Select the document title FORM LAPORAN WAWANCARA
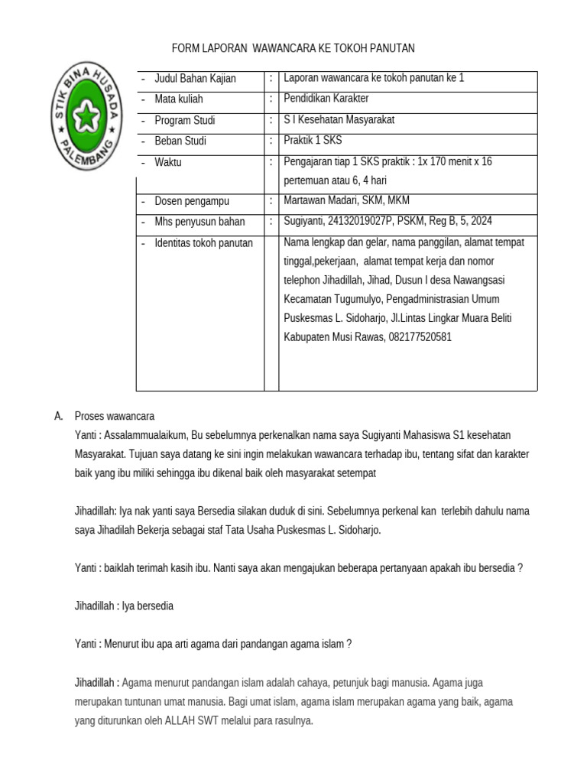[x=293, y=48]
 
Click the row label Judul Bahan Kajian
[x=195, y=79]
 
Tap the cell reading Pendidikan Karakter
[x=326, y=99]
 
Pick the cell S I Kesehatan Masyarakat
[x=339, y=120]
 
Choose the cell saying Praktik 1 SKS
[x=313, y=141]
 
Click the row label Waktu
[x=168, y=162]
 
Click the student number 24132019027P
[x=358, y=222]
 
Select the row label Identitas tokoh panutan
[x=203, y=243]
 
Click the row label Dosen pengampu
[x=192, y=201]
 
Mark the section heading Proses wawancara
[x=114, y=417]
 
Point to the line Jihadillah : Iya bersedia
[x=123, y=606]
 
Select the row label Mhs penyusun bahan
[x=199, y=222]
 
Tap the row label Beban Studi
[x=180, y=141]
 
